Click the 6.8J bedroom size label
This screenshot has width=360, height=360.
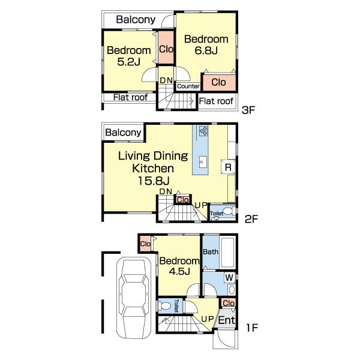206,51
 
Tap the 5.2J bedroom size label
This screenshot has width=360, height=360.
128,62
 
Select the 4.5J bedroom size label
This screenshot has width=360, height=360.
179,271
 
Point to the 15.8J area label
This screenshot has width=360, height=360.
154,181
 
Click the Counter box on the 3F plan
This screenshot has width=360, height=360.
188,86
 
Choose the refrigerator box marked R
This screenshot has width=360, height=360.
228,167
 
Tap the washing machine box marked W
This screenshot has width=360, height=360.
229,278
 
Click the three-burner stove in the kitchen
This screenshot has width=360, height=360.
203,131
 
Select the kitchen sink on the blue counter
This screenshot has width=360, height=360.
203,162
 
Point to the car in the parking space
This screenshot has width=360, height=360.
134,298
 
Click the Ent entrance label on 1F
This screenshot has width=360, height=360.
227,320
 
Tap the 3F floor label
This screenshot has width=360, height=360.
248,110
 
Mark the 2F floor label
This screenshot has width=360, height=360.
251,219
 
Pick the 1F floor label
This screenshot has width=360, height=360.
252,328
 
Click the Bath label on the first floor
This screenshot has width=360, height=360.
211,252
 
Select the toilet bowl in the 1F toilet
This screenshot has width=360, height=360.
165,306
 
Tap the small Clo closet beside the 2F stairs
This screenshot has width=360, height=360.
183,200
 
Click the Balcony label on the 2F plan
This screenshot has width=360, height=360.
123,133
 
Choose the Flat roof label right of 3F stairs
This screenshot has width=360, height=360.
216,101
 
